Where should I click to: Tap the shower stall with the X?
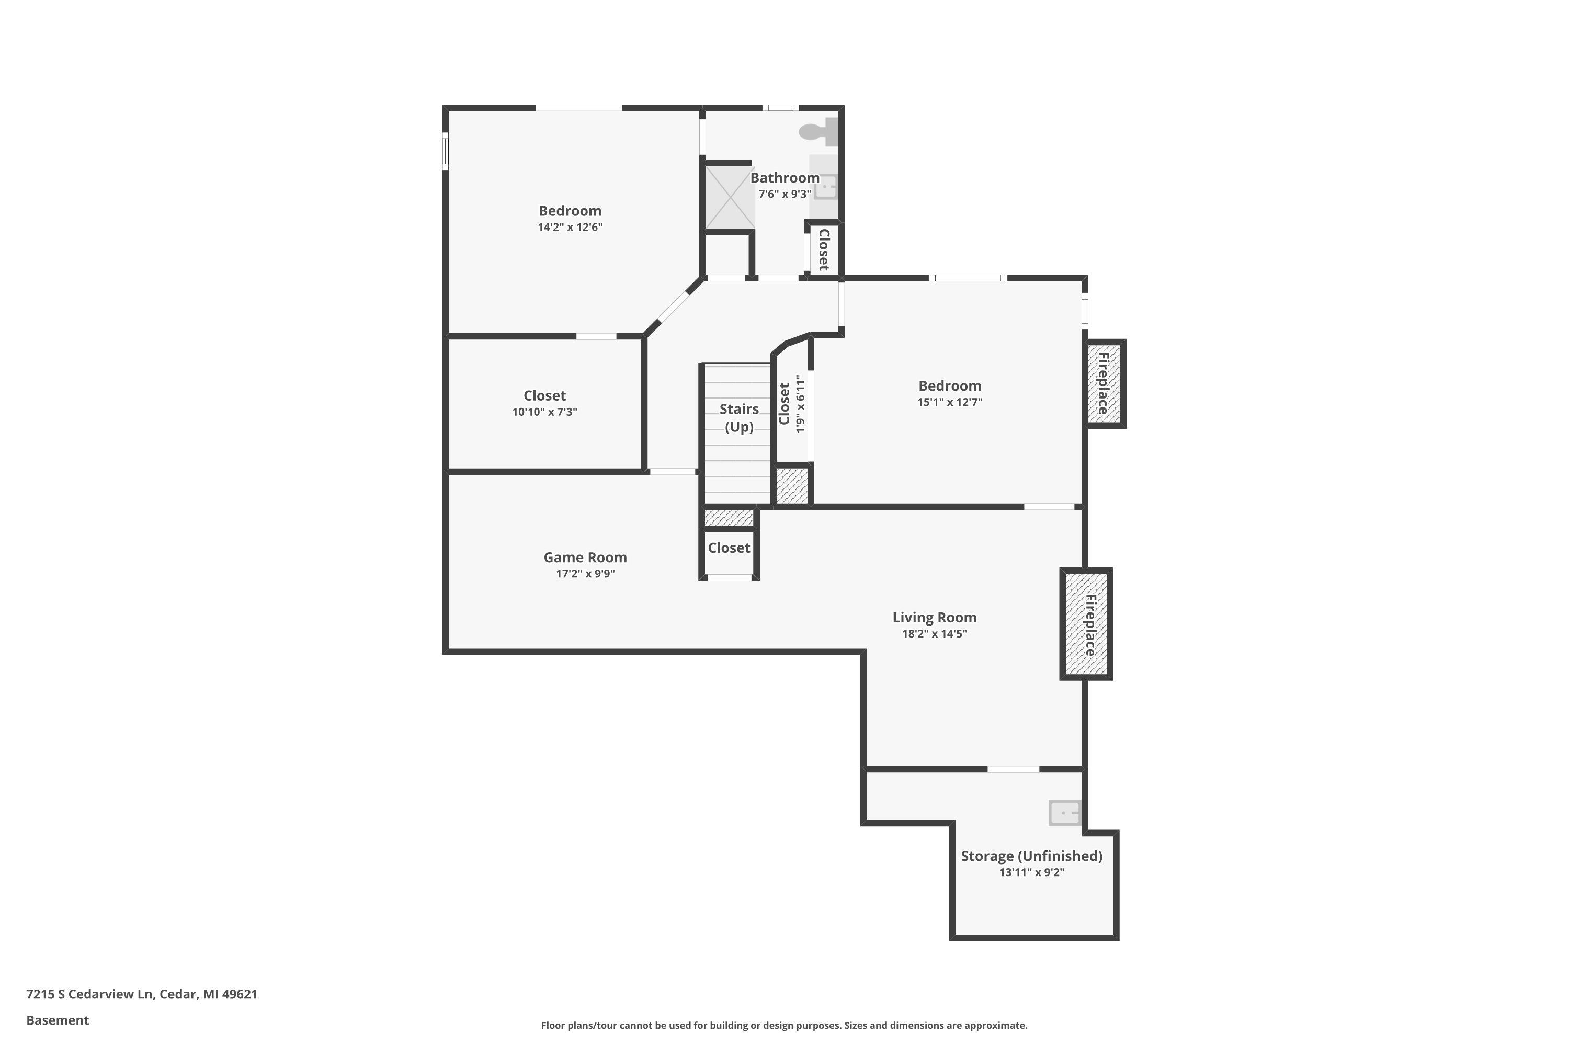click(x=731, y=198)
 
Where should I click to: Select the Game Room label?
click(x=585, y=557)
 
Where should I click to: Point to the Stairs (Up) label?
click(x=739, y=417)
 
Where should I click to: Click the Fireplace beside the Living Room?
click(x=1086, y=624)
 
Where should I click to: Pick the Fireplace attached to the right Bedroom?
click(x=1105, y=383)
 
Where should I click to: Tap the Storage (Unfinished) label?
click(x=1031, y=856)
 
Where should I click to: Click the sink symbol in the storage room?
click(x=1065, y=813)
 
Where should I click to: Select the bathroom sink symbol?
click(x=825, y=187)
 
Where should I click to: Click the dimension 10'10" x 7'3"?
click(x=544, y=412)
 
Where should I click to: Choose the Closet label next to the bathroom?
click(x=824, y=249)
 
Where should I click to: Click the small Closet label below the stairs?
click(x=729, y=548)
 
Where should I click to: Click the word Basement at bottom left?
click(x=58, y=1020)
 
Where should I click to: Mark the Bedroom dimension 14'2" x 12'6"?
click(x=571, y=227)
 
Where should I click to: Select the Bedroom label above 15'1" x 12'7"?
click(x=950, y=385)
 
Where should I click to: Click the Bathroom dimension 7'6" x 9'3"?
click(x=785, y=194)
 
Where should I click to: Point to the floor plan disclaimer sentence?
click(x=784, y=1025)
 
